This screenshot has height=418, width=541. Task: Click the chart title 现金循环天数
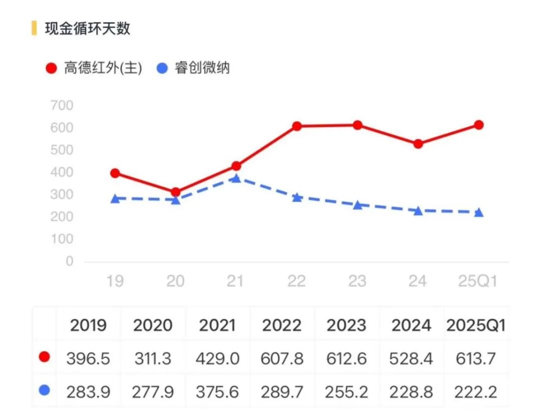(88, 28)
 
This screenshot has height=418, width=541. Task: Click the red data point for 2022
(297, 126)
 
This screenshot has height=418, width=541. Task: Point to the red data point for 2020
(176, 192)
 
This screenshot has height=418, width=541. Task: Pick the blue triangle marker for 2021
(236, 178)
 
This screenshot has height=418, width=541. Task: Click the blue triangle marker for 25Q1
(479, 212)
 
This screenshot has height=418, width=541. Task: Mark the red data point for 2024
(418, 144)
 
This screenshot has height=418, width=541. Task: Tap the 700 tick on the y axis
(62, 106)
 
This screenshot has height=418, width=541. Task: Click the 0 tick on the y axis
(69, 261)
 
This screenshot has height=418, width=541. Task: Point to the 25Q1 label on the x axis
(478, 281)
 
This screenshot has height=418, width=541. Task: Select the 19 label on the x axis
(115, 281)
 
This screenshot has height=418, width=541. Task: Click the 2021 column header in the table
(217, 326)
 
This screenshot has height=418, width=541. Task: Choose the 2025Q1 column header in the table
(475, 326)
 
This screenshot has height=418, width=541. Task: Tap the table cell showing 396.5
(88, 358)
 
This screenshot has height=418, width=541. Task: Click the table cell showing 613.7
(476, 358)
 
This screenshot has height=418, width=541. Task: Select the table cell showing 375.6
(217, 391)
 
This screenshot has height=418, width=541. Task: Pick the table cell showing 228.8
(411, 391)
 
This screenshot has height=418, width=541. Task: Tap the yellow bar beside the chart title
(34, 28)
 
